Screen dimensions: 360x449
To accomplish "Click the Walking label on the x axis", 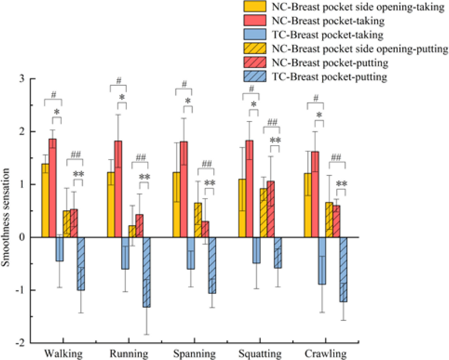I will point(64,354).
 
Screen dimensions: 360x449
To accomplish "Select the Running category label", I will point(129,354).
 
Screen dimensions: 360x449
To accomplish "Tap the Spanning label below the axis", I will point(195,354).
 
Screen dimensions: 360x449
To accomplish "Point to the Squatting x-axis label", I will point(260,354).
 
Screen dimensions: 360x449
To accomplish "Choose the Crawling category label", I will point(326,354).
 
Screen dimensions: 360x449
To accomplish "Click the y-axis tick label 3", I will point(22,79).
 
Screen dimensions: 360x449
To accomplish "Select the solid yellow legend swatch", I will point(255,7).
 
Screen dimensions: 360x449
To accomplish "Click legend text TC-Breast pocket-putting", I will point(329,77).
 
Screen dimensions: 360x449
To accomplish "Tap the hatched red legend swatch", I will point(255,63).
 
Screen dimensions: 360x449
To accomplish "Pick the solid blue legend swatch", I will point(255,35).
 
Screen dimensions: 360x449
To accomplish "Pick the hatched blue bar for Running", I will point(147,272).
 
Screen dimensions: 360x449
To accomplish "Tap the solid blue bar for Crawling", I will point(322,261).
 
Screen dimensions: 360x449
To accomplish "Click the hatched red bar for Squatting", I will point(271,209).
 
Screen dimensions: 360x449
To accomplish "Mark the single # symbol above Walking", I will point(54,95).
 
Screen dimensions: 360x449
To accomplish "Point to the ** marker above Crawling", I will point(341,184).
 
